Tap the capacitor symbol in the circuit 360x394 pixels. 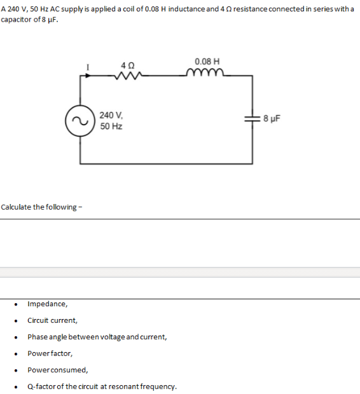click(253, 119)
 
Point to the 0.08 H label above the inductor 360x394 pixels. click(207, 62)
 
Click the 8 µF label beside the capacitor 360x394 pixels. click(270, 119)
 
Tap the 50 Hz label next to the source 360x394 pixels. click(111, 126)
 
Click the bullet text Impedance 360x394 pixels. click(45, 304)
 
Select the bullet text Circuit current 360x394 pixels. click(52, 320)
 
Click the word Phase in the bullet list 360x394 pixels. click(38, 337)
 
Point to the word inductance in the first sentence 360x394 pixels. click(180, 6)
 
